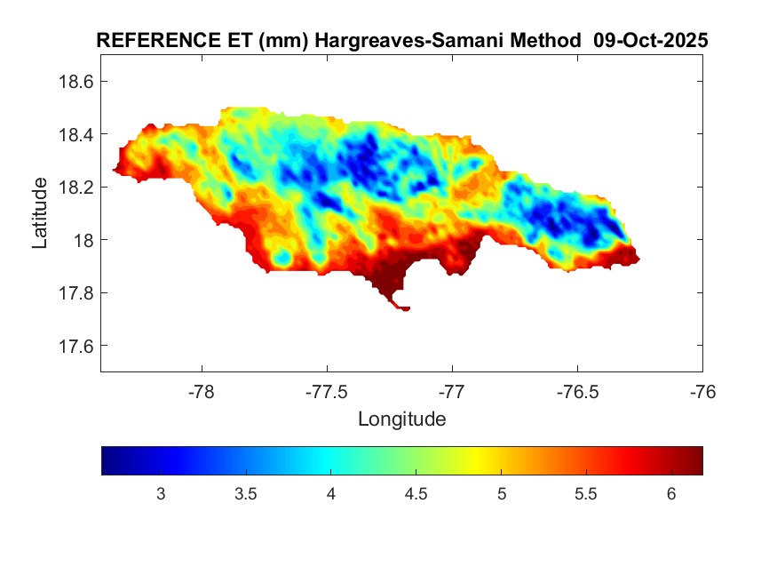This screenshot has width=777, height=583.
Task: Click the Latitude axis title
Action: [40, 212]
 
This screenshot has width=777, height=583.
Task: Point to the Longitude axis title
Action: [401, 419]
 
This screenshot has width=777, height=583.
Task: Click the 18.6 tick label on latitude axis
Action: [75, 82]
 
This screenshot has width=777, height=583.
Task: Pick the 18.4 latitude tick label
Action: [75, 134]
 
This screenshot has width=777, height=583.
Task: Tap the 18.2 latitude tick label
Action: [75, 188]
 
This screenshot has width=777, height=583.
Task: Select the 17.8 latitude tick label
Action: [75, 293]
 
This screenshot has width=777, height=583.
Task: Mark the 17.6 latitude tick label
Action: [75, 346]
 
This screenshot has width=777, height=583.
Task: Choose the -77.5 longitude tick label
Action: [327, 390]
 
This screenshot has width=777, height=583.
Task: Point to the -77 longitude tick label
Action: [452, 390]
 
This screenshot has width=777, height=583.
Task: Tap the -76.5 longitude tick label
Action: [577, 390]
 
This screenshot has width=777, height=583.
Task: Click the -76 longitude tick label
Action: [702, 390]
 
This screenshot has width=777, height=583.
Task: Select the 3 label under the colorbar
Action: [161, 494]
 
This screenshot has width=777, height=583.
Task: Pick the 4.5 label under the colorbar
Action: [416, 494]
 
